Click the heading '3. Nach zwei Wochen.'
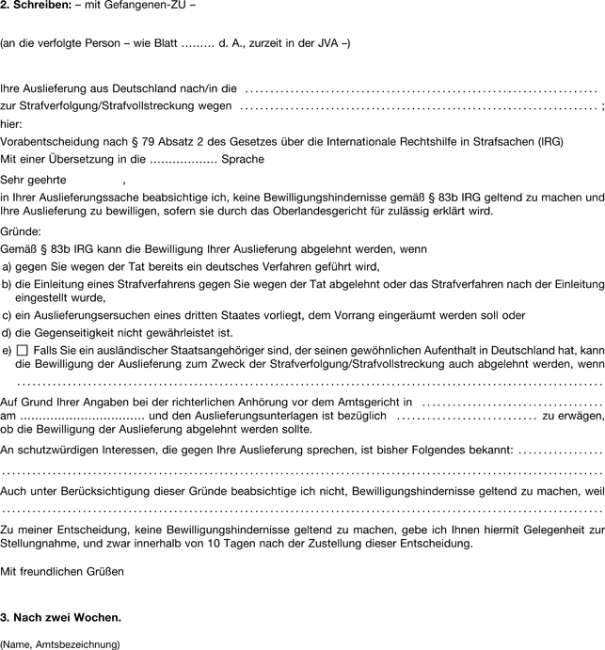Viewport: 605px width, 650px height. pyautogui.click(x=61, y=618)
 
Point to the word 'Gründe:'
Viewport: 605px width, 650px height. pyautogui.click(x=21, y=231)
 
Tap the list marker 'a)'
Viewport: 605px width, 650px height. pyautogui.click(x=8, y=267)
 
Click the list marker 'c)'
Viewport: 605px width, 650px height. pyautogui.click(x=8, y=315)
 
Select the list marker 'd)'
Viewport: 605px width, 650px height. pyautogui.click(x=8, y=332)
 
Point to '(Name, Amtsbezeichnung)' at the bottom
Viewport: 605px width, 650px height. pyautogui.click(x=61, y=644)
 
